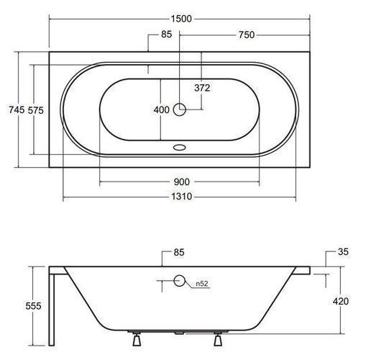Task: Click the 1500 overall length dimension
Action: point(181,19)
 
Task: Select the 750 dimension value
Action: point(247,35)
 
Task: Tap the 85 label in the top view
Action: point(166,35)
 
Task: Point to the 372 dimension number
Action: point(202,88)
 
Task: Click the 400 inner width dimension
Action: point(162,110)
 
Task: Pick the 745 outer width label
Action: point(17,110)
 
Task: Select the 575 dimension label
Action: point(36,110)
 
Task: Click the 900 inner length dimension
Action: point(182,182)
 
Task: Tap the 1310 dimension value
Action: point(181,197)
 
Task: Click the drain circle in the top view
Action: point(180,109)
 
